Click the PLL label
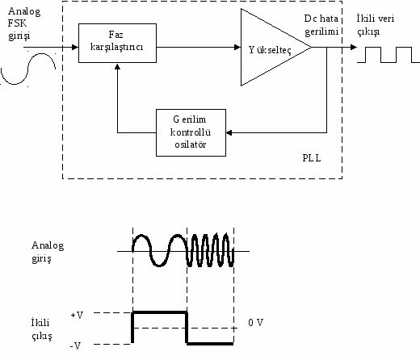click(x=312, y=158)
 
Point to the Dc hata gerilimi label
click(x=321, y=25)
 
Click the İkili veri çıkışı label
click(x=376, y=25)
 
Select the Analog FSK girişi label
click(x=24, y=23)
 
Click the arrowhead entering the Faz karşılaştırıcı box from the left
click(x=75, y=48)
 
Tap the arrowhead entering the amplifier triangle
click(x=237, y=48)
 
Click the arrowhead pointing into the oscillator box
click(x=229, y=132)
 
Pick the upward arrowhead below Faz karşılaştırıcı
click(x=117, y=66)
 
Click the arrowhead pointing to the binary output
click(x=354, y=48)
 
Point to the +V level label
click(x=77, y=315)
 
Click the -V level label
click(x=75, y=345)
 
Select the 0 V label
click(x=255, y=323)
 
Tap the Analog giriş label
click(x=48, y=252)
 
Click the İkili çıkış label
click(x=41, y=329)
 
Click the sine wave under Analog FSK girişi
click(x=28, y=69)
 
